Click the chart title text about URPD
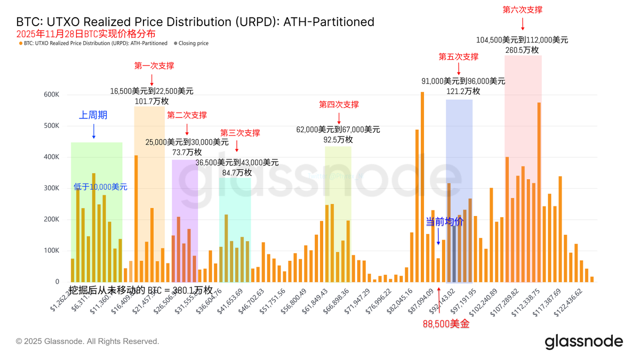pos(195,22)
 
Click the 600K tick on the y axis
pos(52,94)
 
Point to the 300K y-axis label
pos(52,188)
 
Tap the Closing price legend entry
pos(193,43)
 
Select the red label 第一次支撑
pos(154,66)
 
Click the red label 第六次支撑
pos(522,10)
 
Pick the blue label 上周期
pos(93,115)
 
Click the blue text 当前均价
pos(444,221)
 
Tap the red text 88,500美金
pos(446,324)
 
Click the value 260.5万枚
pos(522,50)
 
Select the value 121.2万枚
pos(463,91)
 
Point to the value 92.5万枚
pos(338,140)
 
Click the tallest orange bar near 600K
pos(422,187)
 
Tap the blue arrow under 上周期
pos(93,131)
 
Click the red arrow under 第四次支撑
pos(339,118)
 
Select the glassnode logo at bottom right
pos(583,341)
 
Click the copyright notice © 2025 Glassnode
pos(87,341)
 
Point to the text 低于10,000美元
pos(100,187)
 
